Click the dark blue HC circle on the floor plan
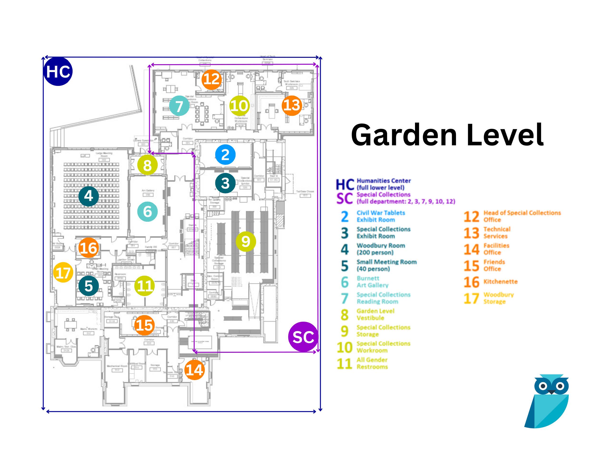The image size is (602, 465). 58,71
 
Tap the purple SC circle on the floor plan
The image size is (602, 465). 303,337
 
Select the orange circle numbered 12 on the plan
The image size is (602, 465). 212,79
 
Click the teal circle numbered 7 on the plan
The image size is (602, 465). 179,106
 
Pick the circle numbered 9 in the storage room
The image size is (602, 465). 246,241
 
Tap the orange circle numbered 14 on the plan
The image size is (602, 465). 194,370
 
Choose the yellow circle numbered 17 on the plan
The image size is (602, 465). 63,272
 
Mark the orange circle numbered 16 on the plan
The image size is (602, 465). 89,248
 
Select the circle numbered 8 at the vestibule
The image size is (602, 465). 147,165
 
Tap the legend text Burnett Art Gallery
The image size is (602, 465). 372,282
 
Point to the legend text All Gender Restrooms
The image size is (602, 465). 372,363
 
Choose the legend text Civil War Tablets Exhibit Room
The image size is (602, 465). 381,216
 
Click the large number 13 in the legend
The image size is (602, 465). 471,233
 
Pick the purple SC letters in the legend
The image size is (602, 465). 344,198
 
